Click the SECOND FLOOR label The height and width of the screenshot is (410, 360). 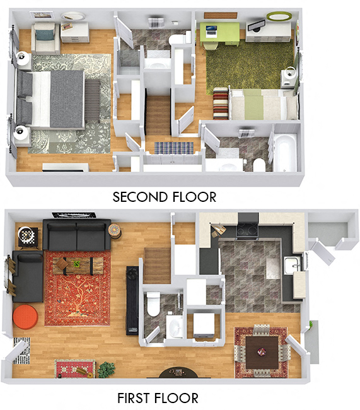click(164, 197)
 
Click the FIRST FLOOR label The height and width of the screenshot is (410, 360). click(158, 398)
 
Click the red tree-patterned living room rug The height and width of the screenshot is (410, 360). click(77, 288)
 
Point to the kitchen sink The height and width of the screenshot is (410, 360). click(292, 265)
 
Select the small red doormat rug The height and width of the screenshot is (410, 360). click(74, 368)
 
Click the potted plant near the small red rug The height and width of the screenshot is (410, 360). click(106, 369)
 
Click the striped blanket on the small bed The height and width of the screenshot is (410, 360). click(221, 103)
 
